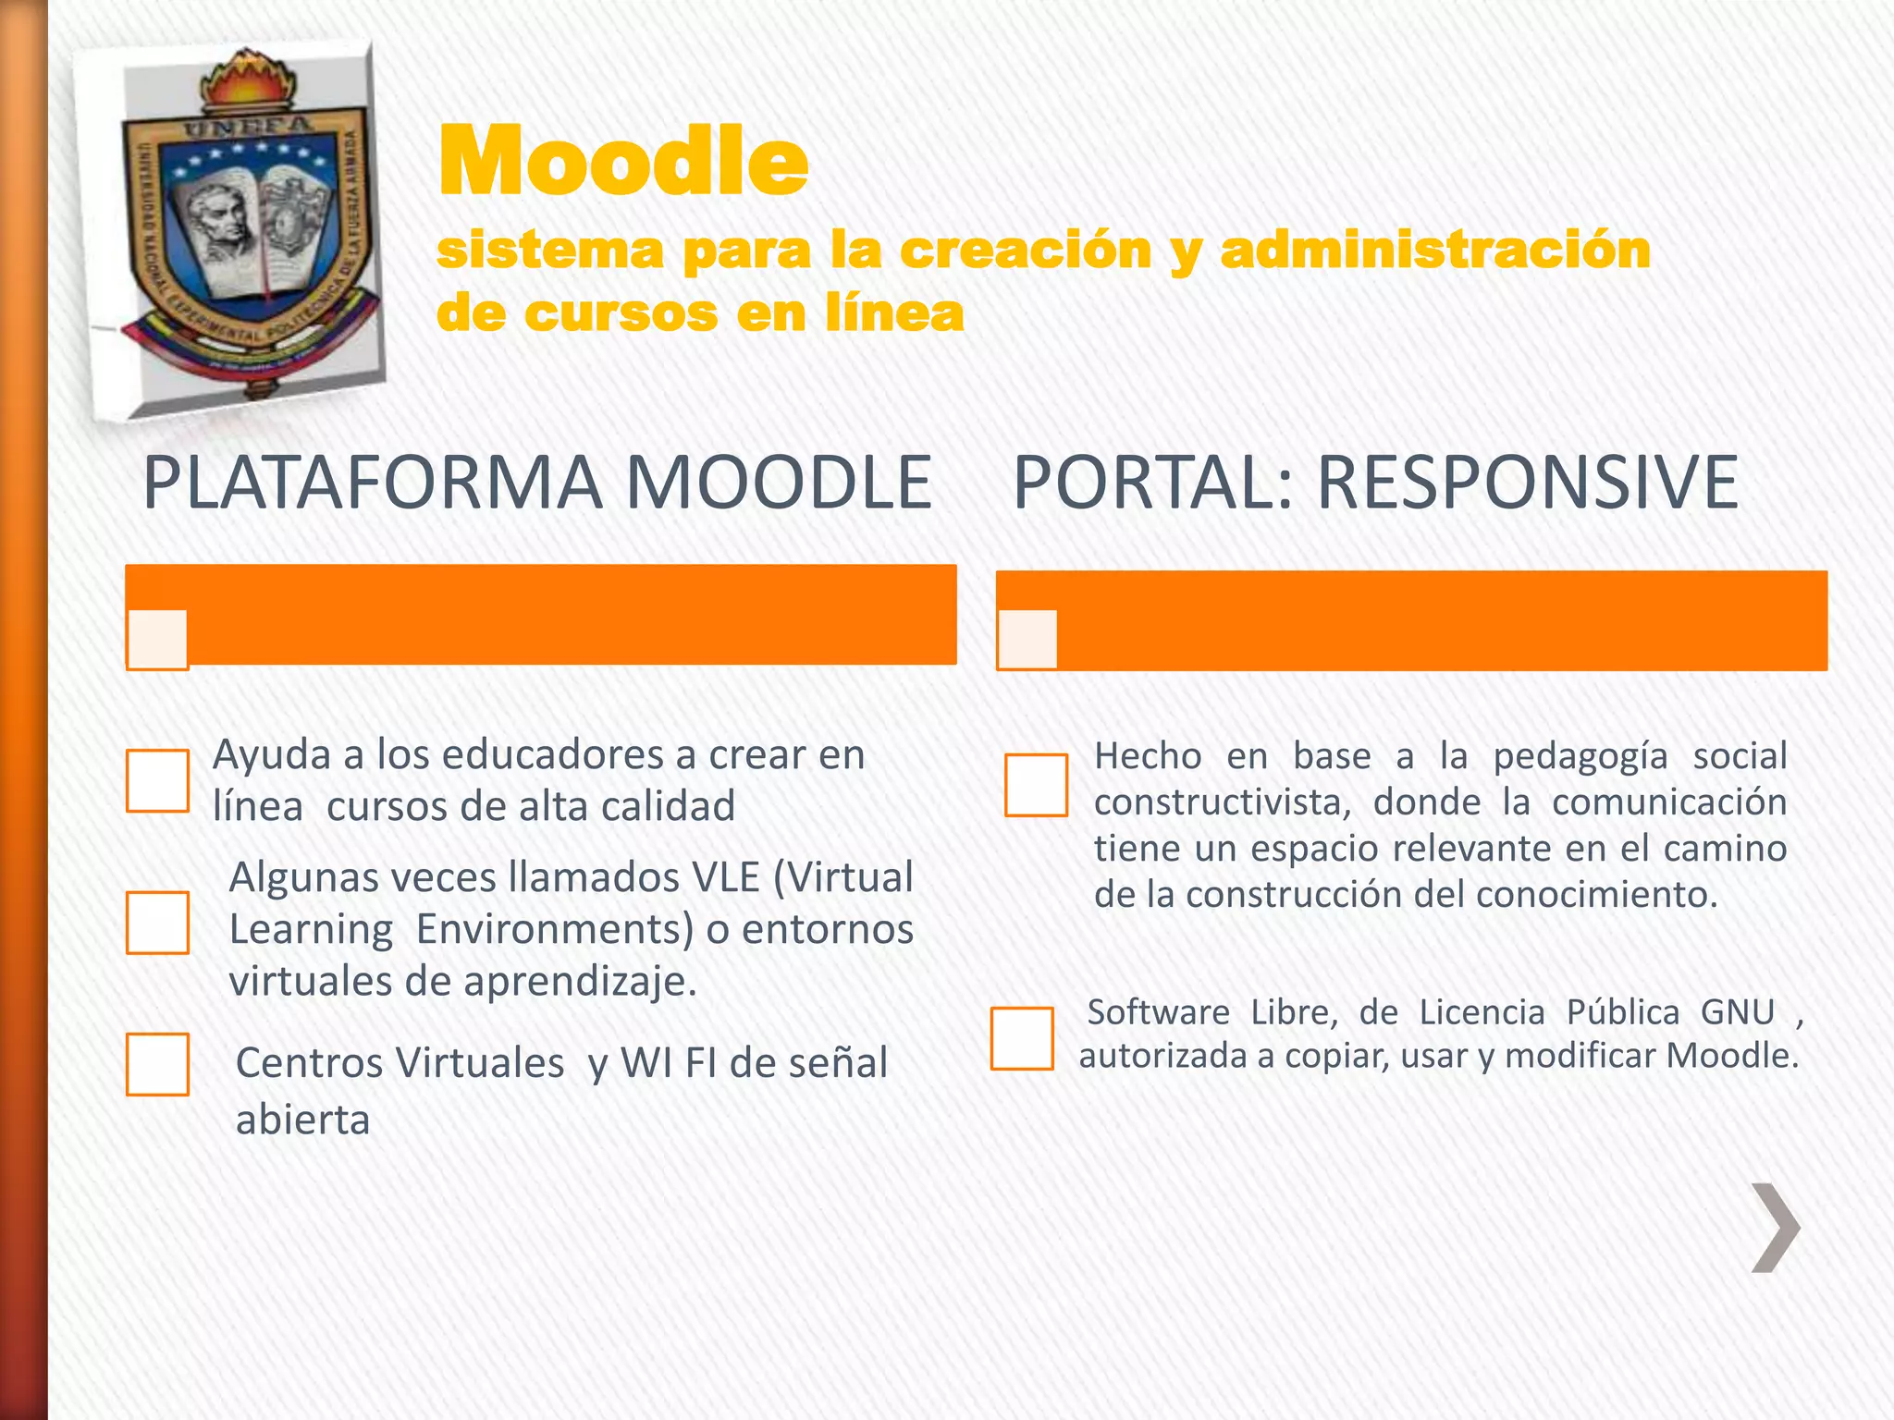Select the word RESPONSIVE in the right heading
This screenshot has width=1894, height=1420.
coord(1527,483)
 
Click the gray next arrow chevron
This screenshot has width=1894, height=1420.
coord(1776,1227)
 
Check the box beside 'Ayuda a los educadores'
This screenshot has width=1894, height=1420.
coord(158,781)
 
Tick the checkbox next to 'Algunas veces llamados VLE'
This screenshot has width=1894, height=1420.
coord(158,923)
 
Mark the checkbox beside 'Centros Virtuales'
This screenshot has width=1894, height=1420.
coord(158,1064)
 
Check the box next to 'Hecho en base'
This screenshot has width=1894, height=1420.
coord(1036,785)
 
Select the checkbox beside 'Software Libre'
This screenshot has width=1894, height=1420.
coord(1022,1038)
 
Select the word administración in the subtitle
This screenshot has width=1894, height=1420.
coord(1435,251)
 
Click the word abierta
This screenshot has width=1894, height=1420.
coord(303,1120)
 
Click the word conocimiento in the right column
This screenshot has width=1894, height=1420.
coord(1596,895)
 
